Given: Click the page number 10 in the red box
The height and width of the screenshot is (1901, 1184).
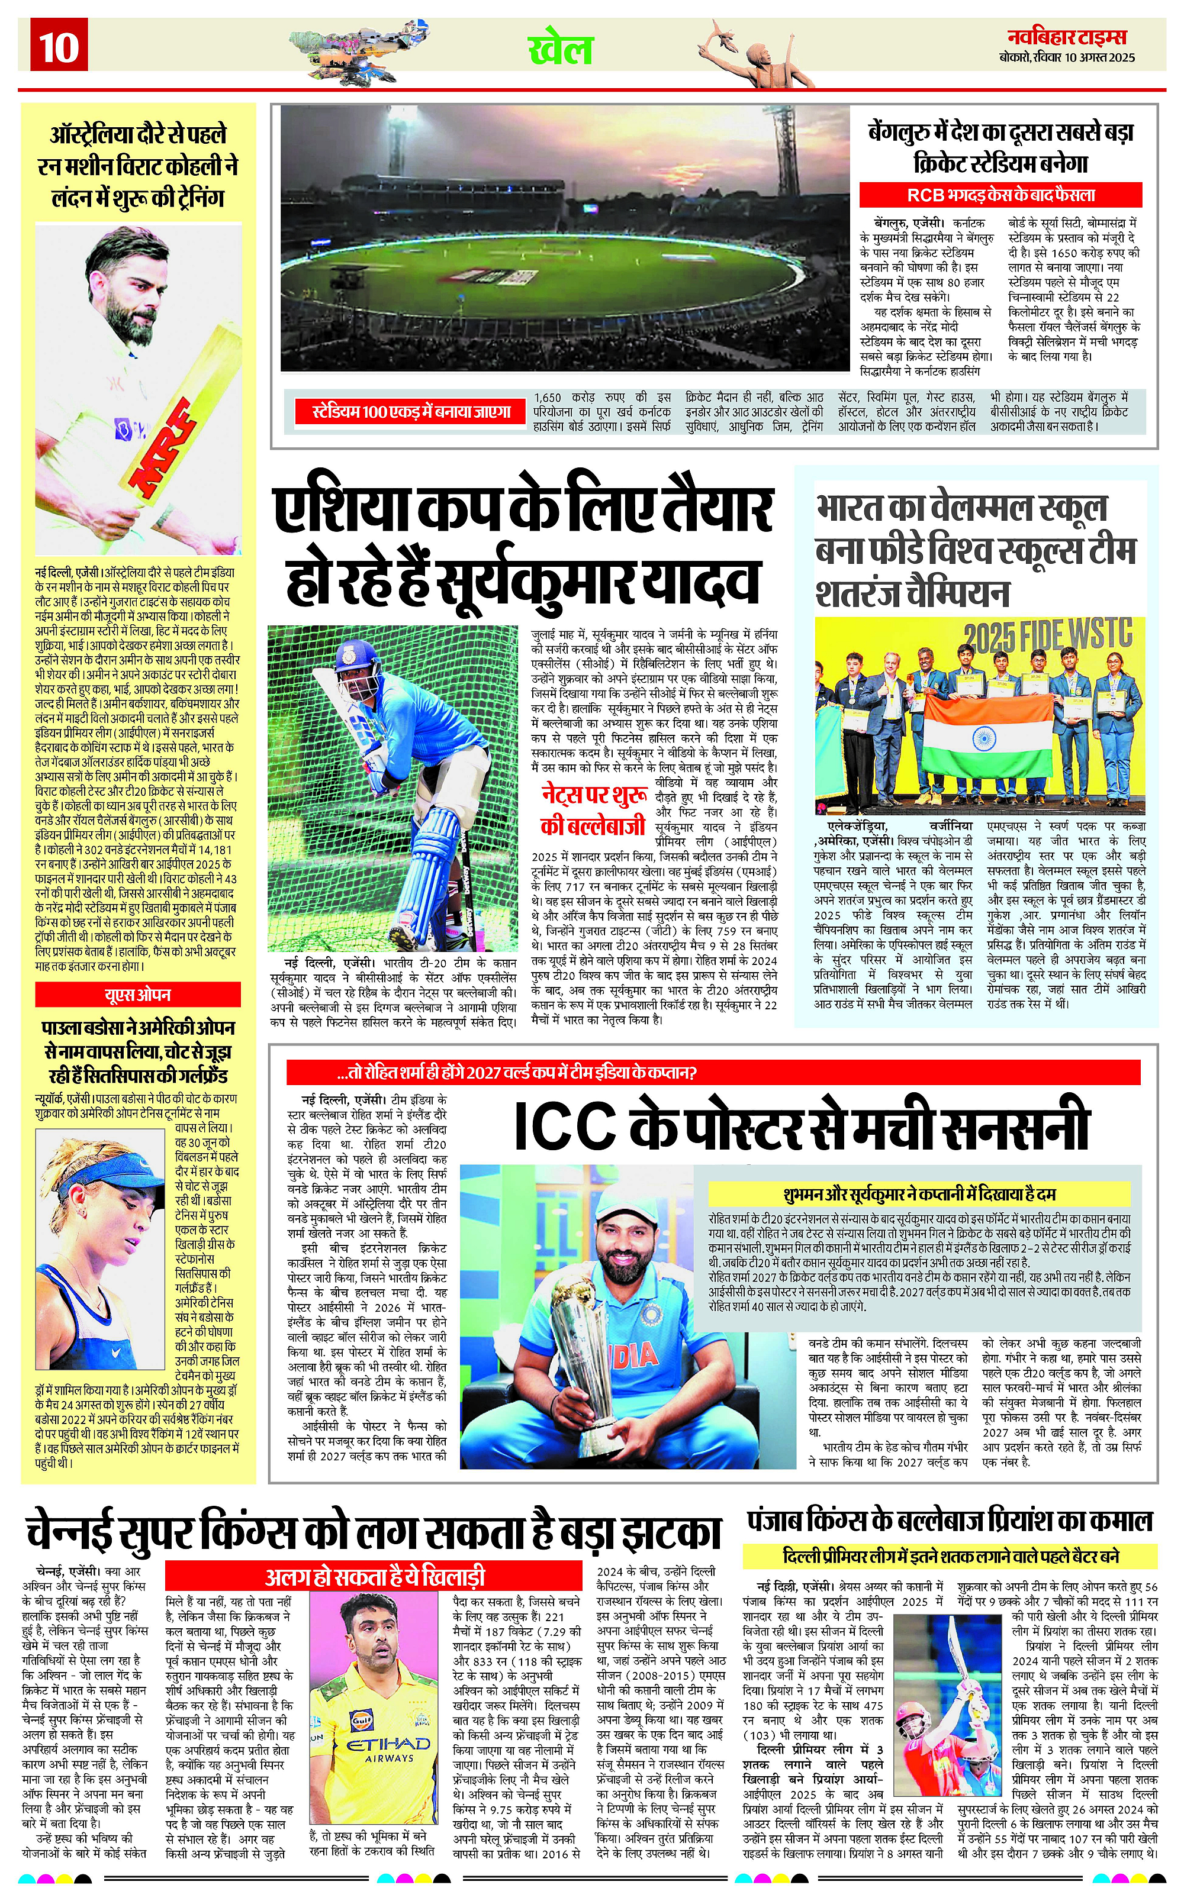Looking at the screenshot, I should pos(59,47).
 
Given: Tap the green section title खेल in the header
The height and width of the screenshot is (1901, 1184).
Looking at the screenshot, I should pos(560,49).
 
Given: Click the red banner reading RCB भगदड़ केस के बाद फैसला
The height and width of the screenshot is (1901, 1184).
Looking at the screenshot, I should pos(1000,195).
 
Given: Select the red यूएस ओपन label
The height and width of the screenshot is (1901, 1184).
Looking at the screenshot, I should pos(138,995).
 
